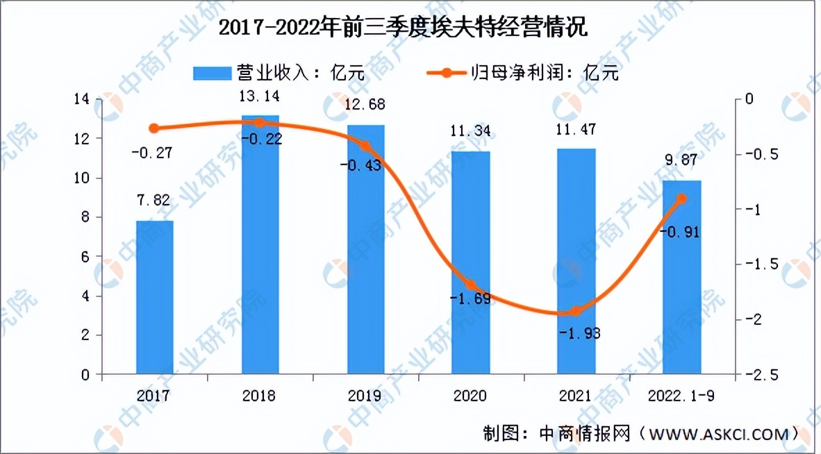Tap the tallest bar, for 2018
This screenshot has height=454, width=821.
click(260, 250)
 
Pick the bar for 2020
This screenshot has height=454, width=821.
click(471, 264)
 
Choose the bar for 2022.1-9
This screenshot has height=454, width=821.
click(682, 278)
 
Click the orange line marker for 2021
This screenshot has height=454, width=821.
click(576, 311)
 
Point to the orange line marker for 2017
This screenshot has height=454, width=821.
click(154, 128)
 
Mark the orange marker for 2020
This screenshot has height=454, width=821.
click(471, 285)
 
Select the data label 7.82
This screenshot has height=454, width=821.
click(154, 201)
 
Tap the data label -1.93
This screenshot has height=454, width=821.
click(579, 333)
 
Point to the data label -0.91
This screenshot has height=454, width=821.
click(679, 231)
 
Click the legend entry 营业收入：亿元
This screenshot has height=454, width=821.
click(278, 72)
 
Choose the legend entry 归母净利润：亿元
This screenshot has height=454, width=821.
click(521, 72)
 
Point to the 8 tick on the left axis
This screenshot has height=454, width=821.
click(85, 217)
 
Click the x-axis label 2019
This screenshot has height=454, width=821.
click(365, 396)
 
